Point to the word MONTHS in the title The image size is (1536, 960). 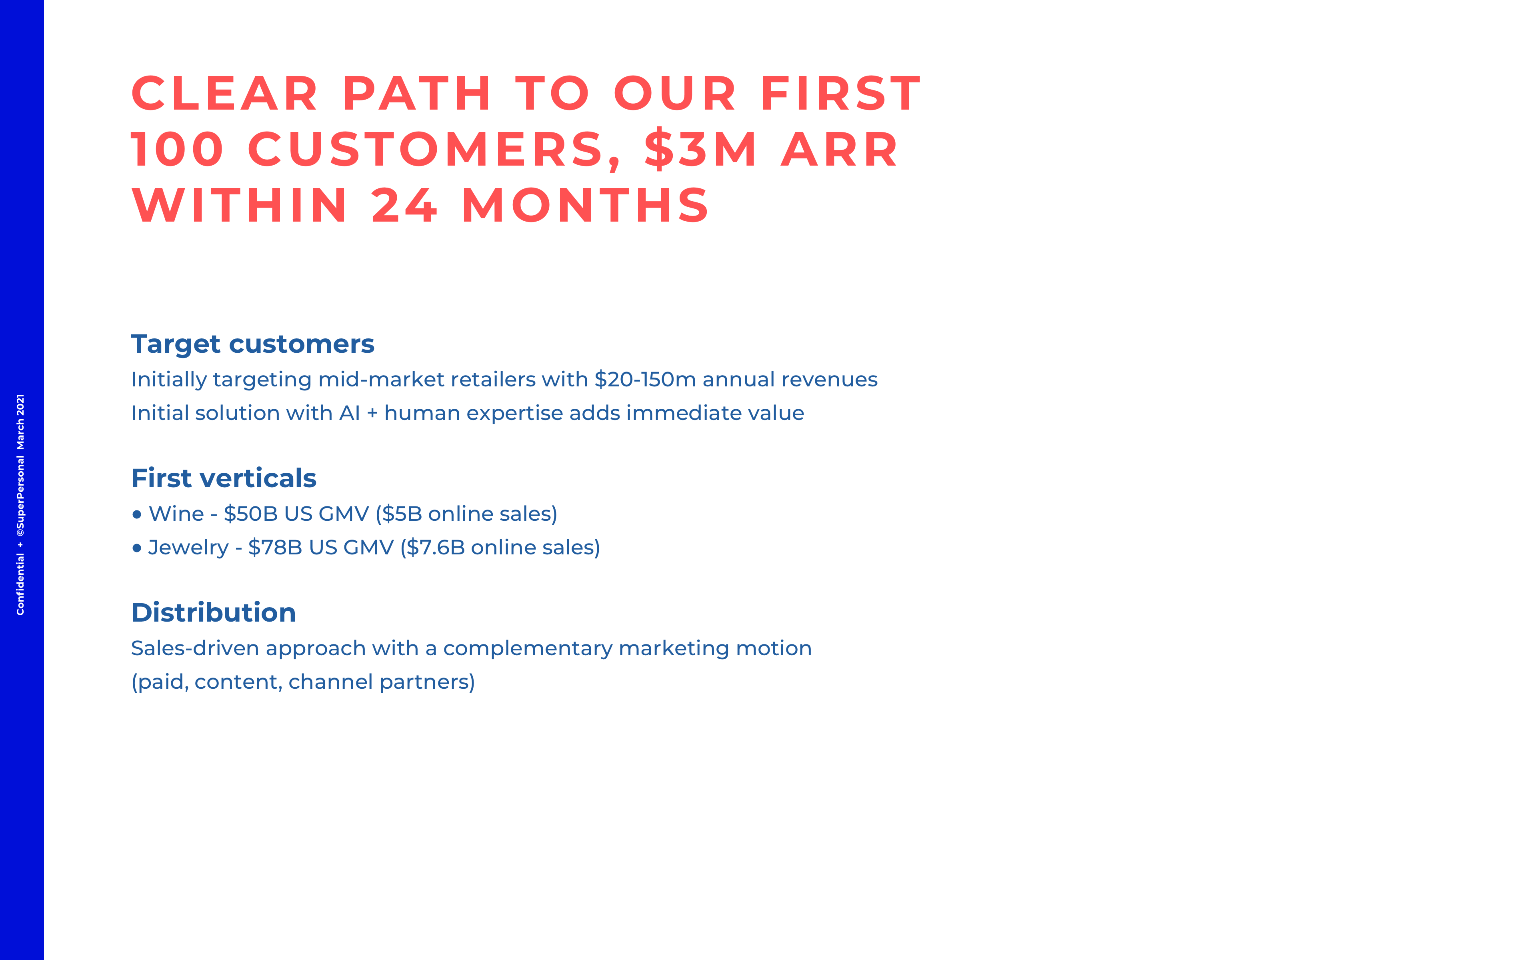[584, 205]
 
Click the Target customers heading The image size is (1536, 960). [253, 344]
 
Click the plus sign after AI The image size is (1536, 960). [372, 413]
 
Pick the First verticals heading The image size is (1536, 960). [224, 478]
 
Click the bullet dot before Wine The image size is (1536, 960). [136, 514]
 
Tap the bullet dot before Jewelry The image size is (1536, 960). [136, 548]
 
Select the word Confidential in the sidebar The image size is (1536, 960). [20, 584]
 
